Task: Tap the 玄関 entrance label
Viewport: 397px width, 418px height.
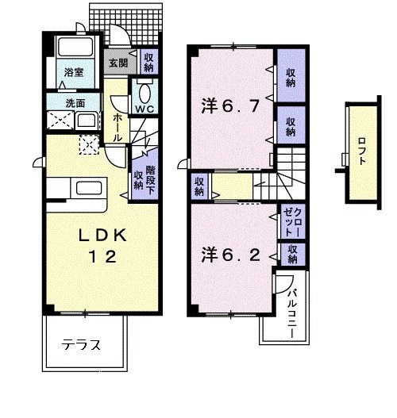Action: click(118, 62)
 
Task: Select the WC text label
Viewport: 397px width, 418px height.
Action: click(144, 107)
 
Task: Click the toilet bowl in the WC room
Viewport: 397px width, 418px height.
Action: click(145, 89)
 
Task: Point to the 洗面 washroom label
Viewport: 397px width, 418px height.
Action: click(75, 103)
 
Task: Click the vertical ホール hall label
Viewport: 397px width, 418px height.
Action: click(118, 126)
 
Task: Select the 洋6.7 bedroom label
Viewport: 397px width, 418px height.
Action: click(230, 105)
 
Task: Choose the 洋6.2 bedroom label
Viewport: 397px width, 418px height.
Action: click(229, 255)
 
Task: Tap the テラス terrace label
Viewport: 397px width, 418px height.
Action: click(82, 344)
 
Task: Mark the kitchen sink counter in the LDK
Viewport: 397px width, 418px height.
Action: click(83, 190)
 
